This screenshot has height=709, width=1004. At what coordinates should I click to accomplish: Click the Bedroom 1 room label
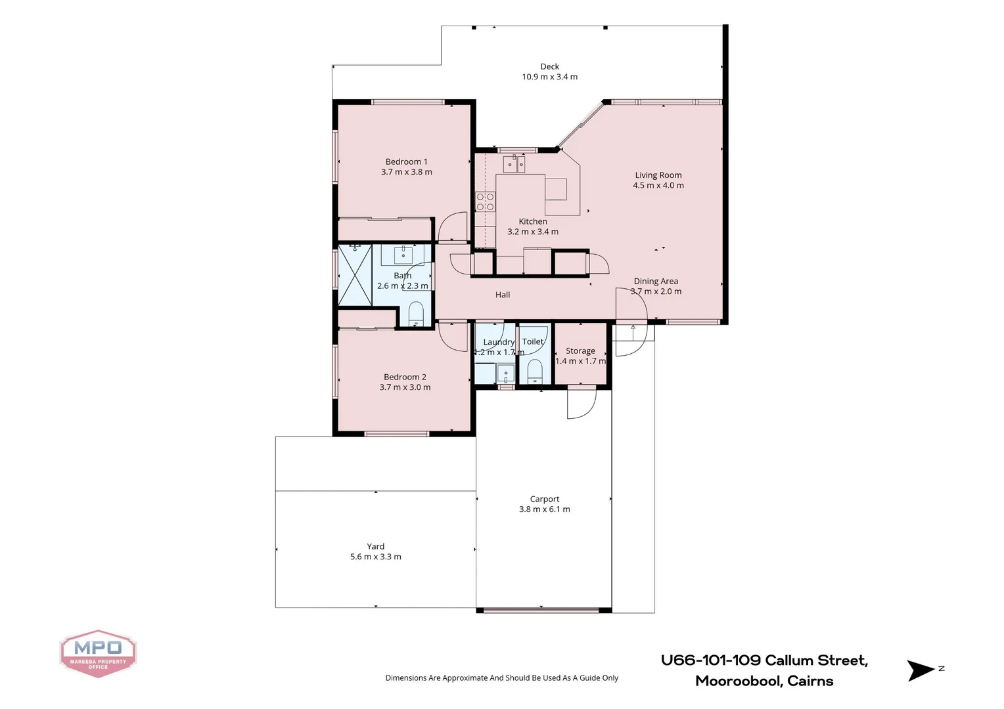coord(406,161)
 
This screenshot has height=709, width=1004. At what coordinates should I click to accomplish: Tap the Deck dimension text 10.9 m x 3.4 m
coord(549,77)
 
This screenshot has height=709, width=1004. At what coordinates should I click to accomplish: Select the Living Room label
coord(658,175)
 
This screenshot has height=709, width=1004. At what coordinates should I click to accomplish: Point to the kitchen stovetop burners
coord(485,202)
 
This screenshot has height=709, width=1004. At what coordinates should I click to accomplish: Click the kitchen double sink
coord(514,163)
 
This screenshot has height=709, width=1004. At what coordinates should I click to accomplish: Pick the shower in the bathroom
coord(355,274)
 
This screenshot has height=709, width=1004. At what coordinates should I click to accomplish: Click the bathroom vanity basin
coord(403,254)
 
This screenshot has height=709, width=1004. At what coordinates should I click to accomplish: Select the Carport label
coord(544,499)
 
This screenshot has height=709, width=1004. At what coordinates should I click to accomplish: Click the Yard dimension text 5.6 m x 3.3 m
coord(375,557)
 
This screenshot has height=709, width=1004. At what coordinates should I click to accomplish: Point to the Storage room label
coord(580,351)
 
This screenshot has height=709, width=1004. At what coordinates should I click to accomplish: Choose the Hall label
coord(503,295)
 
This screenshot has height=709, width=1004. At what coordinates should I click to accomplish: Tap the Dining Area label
coord(656,281)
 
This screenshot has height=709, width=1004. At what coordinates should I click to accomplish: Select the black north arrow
coord(920,670)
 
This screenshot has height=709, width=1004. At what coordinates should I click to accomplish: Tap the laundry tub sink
coord(505,374)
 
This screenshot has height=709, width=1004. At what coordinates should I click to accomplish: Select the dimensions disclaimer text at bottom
coord(501,677)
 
